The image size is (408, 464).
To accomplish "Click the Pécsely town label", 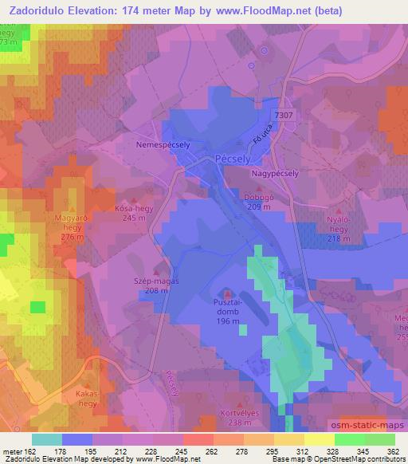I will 232,159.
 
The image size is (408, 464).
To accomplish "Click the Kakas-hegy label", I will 84,399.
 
